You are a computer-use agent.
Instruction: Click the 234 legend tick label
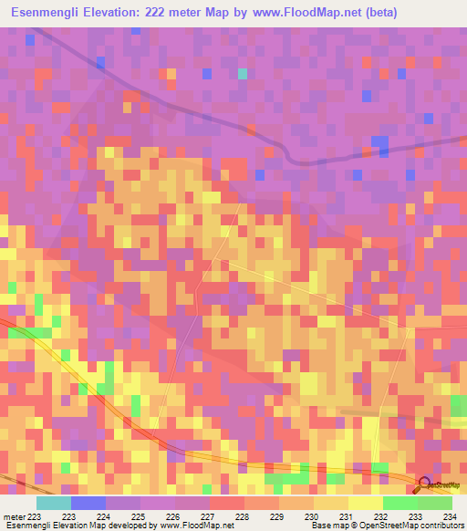click(x=448, y=517)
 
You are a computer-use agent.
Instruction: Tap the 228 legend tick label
click(x=241, y=517)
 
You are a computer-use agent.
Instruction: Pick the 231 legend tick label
click(x=345, y=517)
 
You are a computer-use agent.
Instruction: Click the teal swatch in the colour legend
click(x=54, y=503)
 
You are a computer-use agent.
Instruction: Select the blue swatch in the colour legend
click(x=88, y=503)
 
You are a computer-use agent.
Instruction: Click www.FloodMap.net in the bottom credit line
click(x=195, y=526)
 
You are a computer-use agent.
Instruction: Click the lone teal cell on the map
click(x=242, y=74)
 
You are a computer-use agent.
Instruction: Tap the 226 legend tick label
click(x=172, y=517)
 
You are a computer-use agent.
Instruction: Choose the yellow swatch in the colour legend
click(x=366, y=503)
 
